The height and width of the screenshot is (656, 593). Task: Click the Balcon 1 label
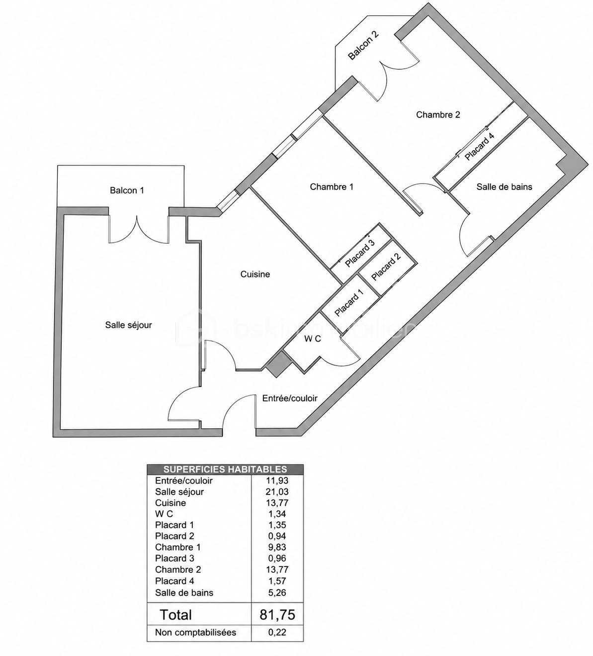tap(127, 190)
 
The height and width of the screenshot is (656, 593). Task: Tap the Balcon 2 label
tap(363, 45)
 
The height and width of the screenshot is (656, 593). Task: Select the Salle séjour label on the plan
tap(128, 325)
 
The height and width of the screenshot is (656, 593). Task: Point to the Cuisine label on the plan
tap(255, 274)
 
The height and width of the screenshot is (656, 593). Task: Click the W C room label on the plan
tap(313, 339)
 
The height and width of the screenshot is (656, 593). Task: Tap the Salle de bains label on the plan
tap(504, 187)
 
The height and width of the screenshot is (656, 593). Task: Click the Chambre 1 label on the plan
tap(332, 187)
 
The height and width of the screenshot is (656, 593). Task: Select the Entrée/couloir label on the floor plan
tap(290, 398)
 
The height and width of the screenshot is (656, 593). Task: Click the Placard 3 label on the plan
tap(359, 254)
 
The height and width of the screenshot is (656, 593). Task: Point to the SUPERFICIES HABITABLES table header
tap(225, 469)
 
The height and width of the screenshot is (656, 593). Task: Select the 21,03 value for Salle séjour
tap(277, 492)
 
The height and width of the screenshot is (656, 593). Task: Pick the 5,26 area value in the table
tap(277, 592)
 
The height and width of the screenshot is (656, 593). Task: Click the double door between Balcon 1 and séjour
tap(139, 229)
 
